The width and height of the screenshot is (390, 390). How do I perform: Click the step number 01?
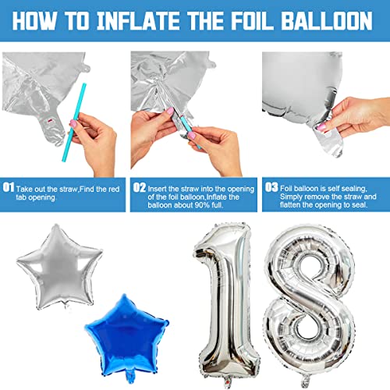click(x=9, y=187)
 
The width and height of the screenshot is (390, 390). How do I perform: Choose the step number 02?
click(x=139, y=187)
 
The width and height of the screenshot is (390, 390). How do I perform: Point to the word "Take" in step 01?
click(x=25, y=188)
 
